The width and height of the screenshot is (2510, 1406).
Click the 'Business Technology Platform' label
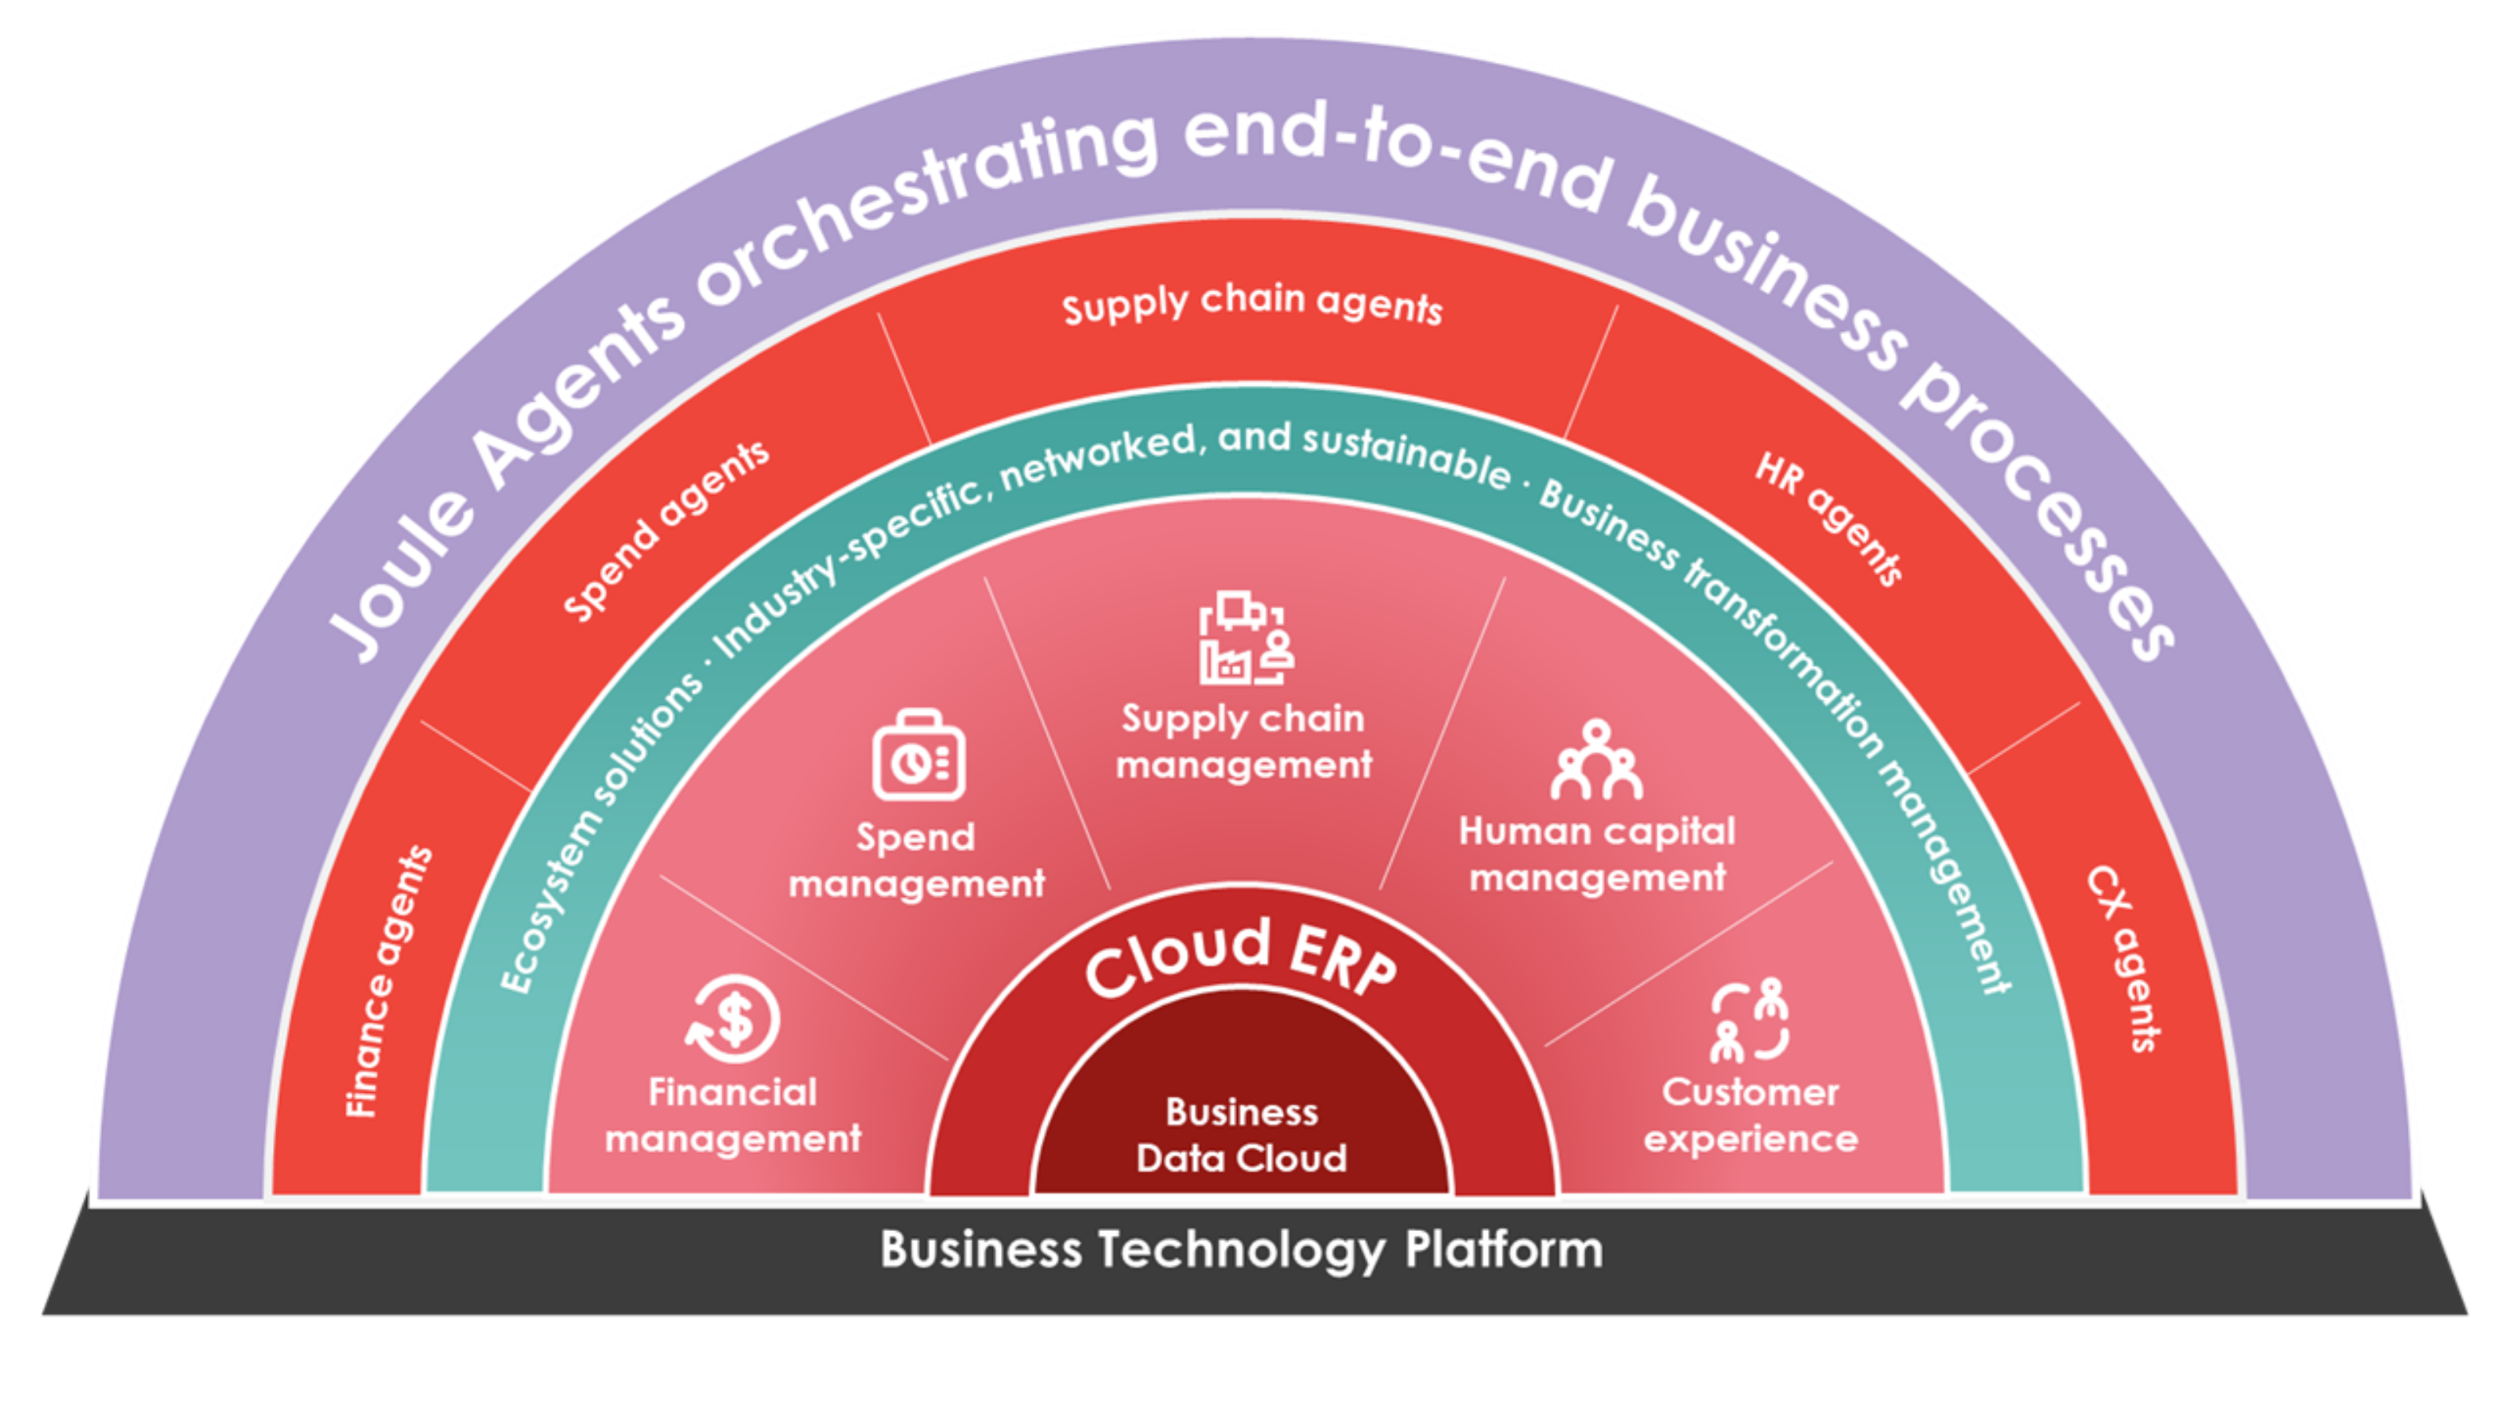pos(1242,1250)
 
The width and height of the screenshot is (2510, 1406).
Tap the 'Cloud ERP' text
pos(1242,960)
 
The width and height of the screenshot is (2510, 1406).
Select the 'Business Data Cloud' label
pos(1242,1135)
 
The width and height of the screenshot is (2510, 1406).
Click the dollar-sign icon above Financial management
pos(733,1019)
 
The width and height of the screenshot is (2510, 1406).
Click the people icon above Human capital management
pos(1596,760)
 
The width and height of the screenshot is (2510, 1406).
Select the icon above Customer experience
pos(1750,1020)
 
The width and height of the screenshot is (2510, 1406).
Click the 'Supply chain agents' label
pos(1252,306)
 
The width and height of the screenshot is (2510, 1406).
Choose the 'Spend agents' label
pos(667,530)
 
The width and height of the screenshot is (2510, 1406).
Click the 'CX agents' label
pos(2124,959)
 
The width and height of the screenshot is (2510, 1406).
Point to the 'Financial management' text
pos(733,1116)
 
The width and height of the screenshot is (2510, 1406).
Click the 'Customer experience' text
pos(1750,1116)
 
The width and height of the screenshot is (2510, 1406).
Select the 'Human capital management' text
pos(1596,854)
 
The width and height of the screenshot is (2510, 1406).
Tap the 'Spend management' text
pos(916,861)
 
